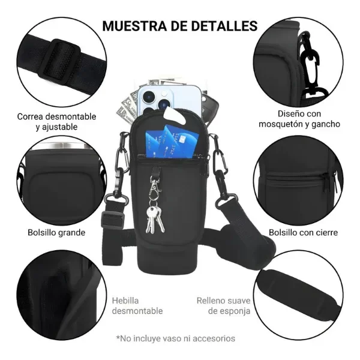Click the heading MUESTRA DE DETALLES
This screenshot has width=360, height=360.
click(180, 26)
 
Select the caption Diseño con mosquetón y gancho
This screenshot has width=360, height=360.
click(299, 119)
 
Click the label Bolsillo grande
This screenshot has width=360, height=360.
click(56, 232)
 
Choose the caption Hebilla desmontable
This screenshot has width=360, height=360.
click(137, 305)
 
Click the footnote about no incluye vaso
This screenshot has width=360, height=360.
click(180, 338)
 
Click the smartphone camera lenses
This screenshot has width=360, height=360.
click(151, 95)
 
